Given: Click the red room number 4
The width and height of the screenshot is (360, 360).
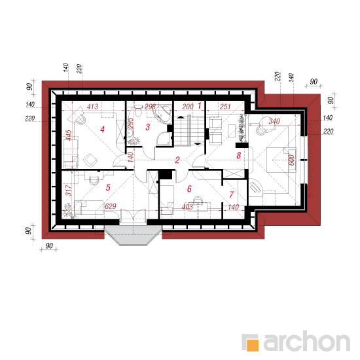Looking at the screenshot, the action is click(102, 130).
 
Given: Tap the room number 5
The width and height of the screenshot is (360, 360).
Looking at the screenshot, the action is click(108, 188).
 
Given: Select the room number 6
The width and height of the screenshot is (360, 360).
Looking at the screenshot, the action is click(189, 189).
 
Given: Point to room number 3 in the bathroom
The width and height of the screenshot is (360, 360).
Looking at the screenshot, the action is click(148, 127).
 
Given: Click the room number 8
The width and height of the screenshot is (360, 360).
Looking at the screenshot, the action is click(239, 155).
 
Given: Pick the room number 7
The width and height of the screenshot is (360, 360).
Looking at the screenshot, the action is click(232, 194).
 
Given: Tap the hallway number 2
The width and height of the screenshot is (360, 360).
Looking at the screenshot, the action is click(177, 160).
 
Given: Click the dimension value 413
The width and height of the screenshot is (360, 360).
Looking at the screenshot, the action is click(92, 107).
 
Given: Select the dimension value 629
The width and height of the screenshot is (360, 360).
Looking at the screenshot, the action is click(111, 206).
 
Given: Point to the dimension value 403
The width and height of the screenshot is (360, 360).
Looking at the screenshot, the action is click(187, 207).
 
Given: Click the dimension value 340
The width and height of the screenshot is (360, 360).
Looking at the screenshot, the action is click(274, 121).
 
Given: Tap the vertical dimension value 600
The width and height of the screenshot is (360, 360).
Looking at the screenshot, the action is click(291, 160).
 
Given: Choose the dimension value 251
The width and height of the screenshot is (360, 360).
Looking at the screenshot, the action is click(225, 107).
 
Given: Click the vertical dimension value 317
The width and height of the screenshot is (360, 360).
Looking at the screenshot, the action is click(69, 190).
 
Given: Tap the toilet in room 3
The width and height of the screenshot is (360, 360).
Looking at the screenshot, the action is click(138, 111).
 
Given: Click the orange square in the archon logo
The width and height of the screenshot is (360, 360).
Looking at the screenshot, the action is click(252, 345).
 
